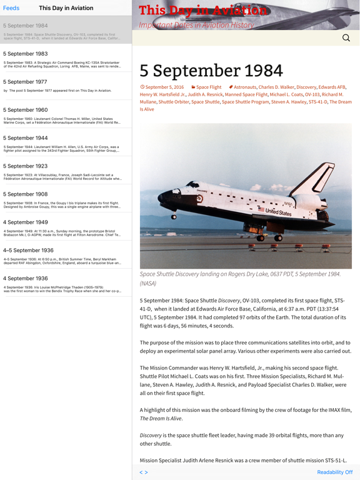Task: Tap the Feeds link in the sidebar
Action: [11, 8]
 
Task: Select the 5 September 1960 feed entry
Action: [62, 116]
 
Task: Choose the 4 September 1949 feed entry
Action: [62, 227]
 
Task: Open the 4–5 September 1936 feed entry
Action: [62, 256]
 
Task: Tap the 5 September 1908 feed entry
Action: [62, 200]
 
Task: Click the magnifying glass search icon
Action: [346, 38]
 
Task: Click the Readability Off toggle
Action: [334, 472]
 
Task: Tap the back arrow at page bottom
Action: [141, 472]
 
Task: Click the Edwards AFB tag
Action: [332, 87]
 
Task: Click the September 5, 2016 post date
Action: [164, 87]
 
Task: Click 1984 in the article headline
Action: [254, 70]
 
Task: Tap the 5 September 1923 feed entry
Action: [62, 172]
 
